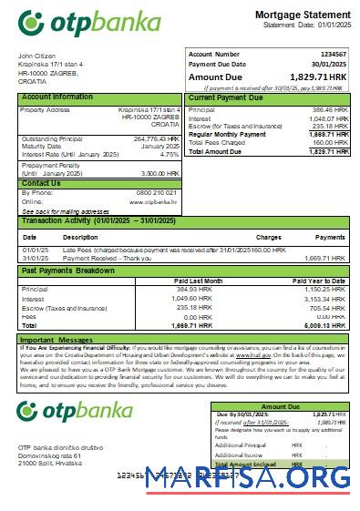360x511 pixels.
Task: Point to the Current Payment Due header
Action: (228, 97)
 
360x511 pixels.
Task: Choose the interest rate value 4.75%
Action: (169, 154)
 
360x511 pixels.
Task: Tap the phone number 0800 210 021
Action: (157, 193)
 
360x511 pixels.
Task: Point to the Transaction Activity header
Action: (101, 221)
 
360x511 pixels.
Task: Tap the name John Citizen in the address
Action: (37, 56)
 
